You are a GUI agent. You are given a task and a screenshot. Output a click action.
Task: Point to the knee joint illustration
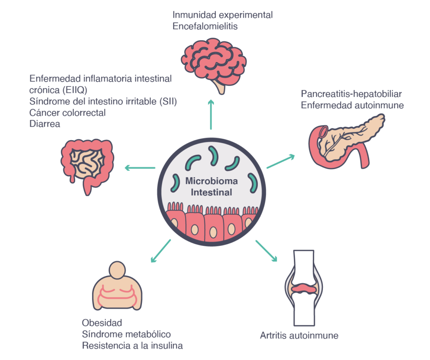tap(304, 288)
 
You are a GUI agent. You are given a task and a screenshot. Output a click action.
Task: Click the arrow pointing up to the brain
tap(211, 115)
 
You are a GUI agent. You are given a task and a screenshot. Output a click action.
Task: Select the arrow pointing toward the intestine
tap(140, 168)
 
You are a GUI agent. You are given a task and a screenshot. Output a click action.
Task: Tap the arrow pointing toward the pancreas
tap(281, 161)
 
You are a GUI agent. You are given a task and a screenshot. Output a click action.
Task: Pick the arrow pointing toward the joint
tap(266, 250)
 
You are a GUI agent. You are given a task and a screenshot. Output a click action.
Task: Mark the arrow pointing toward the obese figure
tap(161, 251)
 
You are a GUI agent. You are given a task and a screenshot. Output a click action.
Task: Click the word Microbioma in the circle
tap(212, 181)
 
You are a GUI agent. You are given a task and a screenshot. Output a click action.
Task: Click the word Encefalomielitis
tap(205, 26)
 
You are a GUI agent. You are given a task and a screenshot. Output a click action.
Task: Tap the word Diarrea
tap(45, 124)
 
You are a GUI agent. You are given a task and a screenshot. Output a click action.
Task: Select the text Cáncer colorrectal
tap(68, 112)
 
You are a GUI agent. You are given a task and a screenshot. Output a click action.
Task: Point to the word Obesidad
tap(102, 323)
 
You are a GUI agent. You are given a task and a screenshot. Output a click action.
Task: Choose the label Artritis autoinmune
tap(299, 335)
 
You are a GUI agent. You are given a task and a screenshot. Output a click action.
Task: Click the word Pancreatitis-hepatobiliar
tap(351, 94)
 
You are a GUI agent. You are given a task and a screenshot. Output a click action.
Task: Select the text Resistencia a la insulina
tap(132, 345)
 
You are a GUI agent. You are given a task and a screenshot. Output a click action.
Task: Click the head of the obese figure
tap(117, 270)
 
